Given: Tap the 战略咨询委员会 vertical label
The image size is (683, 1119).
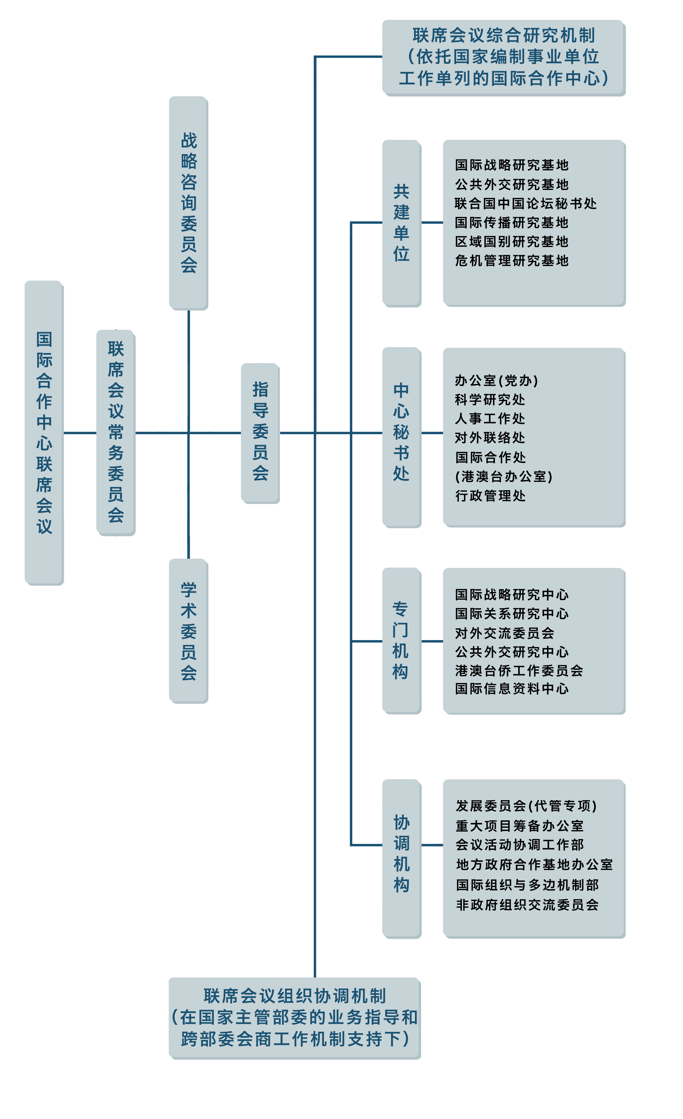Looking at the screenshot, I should [189, 203].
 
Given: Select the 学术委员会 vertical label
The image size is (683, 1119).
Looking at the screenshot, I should [189, 631].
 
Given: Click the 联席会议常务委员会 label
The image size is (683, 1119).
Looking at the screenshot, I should [116, 432].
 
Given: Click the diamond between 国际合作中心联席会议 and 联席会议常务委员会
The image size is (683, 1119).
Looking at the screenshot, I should [80, 433].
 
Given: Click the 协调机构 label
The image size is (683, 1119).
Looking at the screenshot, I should [402, 854].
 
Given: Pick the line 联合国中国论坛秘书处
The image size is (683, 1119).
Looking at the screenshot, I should [525, 203].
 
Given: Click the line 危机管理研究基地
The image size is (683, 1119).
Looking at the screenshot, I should [511, 261].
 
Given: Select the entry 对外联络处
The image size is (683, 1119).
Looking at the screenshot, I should [490, 438].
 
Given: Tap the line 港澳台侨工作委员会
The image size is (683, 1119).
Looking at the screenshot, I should [518, 670].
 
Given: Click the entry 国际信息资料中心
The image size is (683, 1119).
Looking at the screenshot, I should [511, 689].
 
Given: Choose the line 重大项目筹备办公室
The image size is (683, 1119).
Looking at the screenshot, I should [519, 826].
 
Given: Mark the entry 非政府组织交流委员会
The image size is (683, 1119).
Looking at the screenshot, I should [527, 905].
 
